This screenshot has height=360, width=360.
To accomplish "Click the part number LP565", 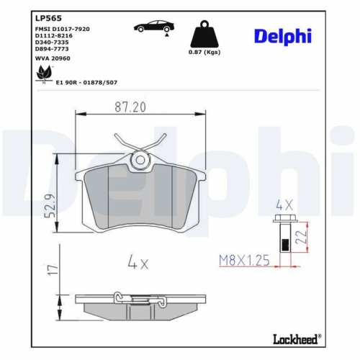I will click(x=46, y=17).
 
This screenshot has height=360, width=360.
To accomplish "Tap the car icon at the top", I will click(x=153, y=27).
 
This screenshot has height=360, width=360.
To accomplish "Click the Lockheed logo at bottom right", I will click(x=296, y=338).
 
